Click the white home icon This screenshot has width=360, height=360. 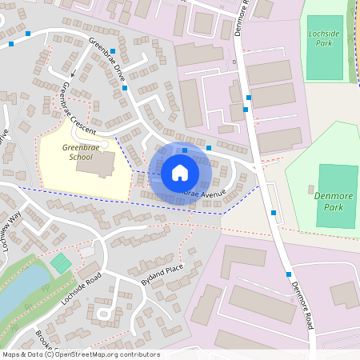point(180,173)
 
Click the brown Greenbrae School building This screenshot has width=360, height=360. point(103,164)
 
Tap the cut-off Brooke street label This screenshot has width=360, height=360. point(44,342)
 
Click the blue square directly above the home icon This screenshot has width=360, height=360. point(185,150)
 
